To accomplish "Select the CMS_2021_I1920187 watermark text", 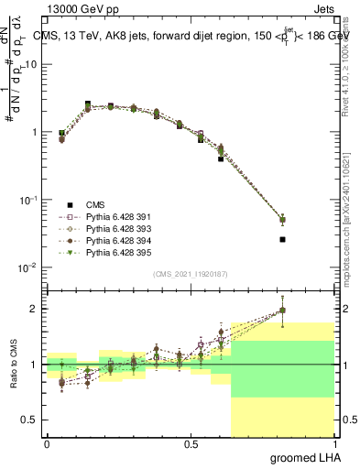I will point(190,273).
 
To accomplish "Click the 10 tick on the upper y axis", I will point(33,64).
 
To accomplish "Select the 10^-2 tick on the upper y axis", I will point(29,267).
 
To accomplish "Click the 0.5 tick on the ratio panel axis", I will point(31,420).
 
